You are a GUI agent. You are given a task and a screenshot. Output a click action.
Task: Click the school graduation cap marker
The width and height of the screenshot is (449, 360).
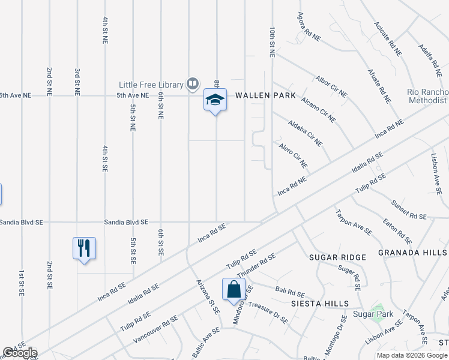[215, 100]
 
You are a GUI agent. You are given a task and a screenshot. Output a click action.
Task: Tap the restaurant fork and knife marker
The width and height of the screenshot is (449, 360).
[84, 248]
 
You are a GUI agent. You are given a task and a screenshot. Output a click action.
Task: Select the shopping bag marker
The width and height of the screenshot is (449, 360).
[234, 290]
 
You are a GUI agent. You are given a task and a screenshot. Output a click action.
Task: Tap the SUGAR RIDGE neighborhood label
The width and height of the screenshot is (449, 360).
[337, 257]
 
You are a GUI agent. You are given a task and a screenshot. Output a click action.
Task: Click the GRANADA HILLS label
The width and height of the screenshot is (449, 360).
[413, 253]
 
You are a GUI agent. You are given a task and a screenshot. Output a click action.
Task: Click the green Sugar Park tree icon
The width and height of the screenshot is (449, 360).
[377, 312]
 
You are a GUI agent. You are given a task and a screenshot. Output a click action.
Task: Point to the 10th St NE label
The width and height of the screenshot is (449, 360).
[273, 41]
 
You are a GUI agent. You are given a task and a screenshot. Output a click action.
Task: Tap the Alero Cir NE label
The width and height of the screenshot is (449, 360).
[293, 155]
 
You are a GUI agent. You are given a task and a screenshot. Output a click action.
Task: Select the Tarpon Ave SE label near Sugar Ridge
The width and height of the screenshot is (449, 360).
[354, 221]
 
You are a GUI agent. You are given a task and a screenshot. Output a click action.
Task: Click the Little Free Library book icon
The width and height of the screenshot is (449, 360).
[193, 83]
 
